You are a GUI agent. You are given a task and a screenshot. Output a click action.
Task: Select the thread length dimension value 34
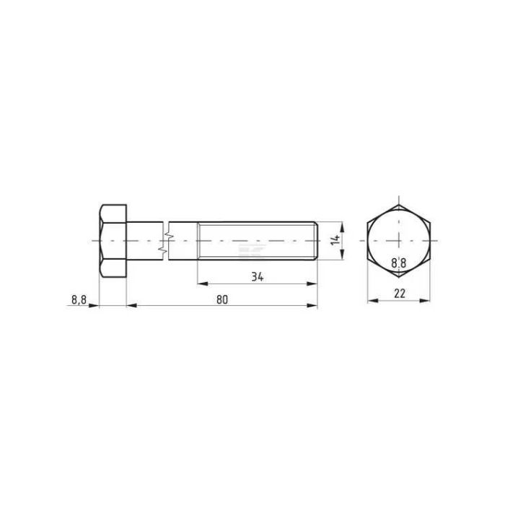[256, 275]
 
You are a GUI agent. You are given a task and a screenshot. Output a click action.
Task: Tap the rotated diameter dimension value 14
[335, 240]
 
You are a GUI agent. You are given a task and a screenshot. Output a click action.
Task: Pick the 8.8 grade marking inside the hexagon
[398, 264]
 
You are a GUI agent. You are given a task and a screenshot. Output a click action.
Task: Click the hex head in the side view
[113, 240]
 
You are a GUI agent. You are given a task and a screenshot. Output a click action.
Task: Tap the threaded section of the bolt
[256, 240]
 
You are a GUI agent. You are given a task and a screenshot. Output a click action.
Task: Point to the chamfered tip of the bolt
[315, 240]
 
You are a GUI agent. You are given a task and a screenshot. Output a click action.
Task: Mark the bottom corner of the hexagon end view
[398, 276]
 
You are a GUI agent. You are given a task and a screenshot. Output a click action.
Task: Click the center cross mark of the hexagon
[398, 240]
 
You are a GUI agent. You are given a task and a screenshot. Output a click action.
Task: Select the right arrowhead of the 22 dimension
[426, 301]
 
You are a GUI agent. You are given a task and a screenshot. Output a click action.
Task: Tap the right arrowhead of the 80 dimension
[312, 307]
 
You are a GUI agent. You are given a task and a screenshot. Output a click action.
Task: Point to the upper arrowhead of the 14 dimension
[343, 225]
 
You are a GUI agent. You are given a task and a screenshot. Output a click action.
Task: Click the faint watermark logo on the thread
[252, 250]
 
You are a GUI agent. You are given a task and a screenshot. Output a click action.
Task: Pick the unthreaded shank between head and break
[146, 240]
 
